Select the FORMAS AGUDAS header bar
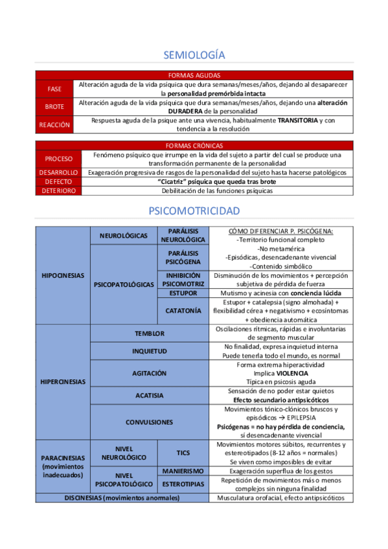[x=194, y=75]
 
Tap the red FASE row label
[x=55, y=89]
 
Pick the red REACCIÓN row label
[x=55, y=124]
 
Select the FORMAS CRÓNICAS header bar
[x=194, y=146]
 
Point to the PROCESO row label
[x=58, y=159]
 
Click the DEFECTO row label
[x=58, y=182]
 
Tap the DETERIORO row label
[x=58, y=191]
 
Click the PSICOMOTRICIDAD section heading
[x=194, y=211]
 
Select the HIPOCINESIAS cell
[x=63, y=275]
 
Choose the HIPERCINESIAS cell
[x=63, y=382]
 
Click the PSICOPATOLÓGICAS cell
[x=124, y=284]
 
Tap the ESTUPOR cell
[x=183, y=293]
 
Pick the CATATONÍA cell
[x=183, y=311]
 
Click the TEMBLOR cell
[x=150, y=333]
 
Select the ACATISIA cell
[x=150, y=396]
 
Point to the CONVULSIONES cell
[x=150, y=422]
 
